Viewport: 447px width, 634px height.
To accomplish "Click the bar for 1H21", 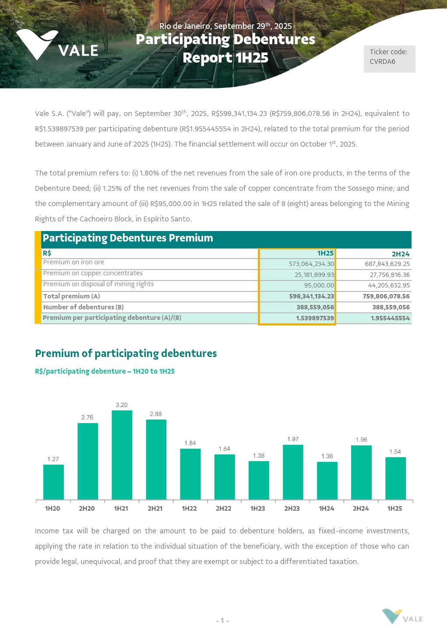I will (x=122, y=455).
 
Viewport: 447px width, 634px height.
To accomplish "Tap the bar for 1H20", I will (x=53, y=482).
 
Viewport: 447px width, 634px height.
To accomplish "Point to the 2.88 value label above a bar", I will (x=156, y=414).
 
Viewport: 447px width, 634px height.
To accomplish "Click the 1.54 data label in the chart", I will (x=395, y=452).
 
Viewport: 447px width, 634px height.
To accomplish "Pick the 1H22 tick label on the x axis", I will (x=189, y=508).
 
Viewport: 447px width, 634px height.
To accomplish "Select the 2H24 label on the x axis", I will (x=361, y=508).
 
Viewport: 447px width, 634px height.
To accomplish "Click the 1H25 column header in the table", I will (x=325, y=253).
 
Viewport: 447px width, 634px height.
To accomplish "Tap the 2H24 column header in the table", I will (x=400, y=254).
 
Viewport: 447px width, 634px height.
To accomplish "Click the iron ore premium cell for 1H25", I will (x=311, y=264).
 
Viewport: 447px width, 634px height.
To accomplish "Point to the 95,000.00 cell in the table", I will (x=319, y=285).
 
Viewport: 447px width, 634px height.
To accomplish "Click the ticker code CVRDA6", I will (x=382, y=62).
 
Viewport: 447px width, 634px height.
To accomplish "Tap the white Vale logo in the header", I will (x=57, y=46).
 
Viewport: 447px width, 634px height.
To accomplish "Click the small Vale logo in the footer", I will (x=402, y=616).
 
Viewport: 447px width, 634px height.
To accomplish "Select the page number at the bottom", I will (x=222, y=621).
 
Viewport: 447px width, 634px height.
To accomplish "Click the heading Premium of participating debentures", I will (x=126, y=354).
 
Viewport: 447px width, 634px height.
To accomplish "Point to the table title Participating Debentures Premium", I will (x=128, y=238).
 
